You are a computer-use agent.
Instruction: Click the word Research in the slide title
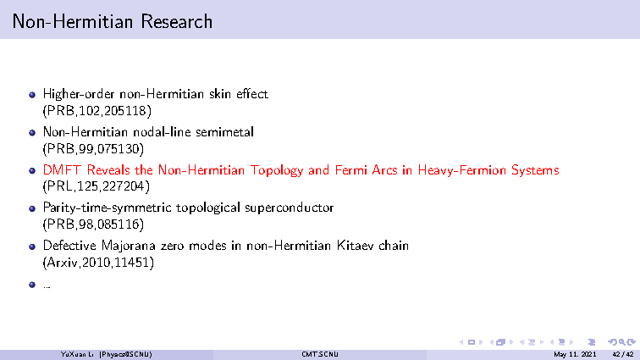pyautogui.click(x=176, y=22)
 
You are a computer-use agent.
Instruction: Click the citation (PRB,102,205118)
pyautogui.click(x=97, y=111)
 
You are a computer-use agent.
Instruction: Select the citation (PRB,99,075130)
pyautogui.click(x=93, y=149)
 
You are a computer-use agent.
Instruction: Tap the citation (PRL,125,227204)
pyautogui.click(x=97, y=186)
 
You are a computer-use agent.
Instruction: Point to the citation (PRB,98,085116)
pyautogui.click(x=93, y=224)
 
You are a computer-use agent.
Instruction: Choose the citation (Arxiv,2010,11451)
pyautogui.click(x=98, y=263)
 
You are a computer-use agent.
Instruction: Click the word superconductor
pyautogui.click(x=290, y=208)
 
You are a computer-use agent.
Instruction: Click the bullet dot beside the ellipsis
pyautogui.click(x=32, y=285)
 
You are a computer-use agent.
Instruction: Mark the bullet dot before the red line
pyautogui.click(x=32, y=171)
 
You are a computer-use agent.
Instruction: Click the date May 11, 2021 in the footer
pyautogui.click(x=575, y=354)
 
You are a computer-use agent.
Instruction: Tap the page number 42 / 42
pyautogui.click(x=623, y=354)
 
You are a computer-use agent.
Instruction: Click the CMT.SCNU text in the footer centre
pyautogui.click(x=320, y=354)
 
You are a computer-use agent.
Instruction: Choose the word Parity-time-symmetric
pyautogui.click(x=107, y=208)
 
